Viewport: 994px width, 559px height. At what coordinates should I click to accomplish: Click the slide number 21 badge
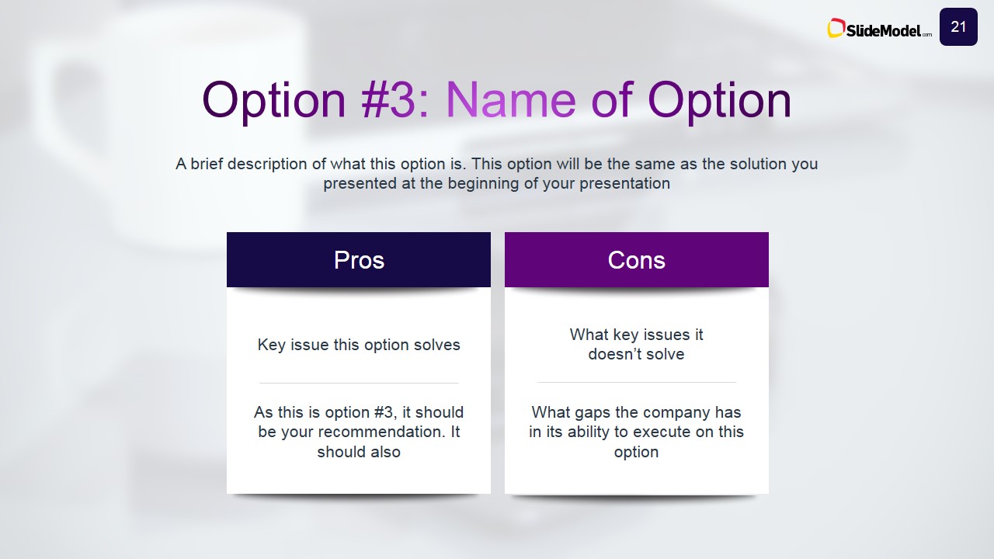click(958, 26)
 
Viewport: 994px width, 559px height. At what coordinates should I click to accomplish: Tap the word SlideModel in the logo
click(883, 30)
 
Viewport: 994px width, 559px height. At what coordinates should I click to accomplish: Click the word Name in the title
click(510, 100)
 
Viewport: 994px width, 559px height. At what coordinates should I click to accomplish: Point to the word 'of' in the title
click(611, 100)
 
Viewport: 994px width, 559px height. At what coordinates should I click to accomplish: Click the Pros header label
click(359, 260)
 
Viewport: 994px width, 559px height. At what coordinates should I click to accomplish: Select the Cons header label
click(636, 260)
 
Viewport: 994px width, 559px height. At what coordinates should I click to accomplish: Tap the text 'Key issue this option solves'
click(359, 345)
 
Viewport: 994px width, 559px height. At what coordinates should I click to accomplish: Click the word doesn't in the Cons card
click(617, 354)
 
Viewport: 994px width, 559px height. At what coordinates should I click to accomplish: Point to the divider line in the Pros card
click(359, 383)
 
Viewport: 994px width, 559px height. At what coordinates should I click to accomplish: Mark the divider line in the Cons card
click(637, 382)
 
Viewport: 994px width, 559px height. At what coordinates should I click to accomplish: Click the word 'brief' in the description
click(207, 164)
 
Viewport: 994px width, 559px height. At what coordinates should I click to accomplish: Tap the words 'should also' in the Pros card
click(359, 452)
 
